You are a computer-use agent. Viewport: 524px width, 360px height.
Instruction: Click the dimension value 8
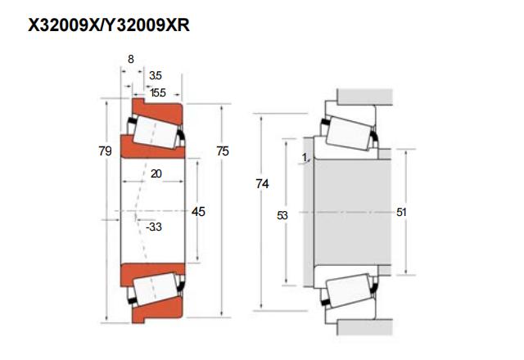131,60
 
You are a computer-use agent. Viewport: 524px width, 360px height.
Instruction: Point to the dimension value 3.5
156,75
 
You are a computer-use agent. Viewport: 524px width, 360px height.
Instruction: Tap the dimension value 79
105,151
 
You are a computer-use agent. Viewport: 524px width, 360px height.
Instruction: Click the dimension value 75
223,151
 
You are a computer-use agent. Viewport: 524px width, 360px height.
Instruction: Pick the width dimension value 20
156,173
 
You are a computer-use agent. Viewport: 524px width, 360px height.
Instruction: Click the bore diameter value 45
197,212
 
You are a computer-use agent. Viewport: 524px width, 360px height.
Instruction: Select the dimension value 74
263,184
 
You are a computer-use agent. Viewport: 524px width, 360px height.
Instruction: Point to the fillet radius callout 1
304,156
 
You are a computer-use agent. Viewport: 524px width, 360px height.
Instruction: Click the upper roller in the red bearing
156,130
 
